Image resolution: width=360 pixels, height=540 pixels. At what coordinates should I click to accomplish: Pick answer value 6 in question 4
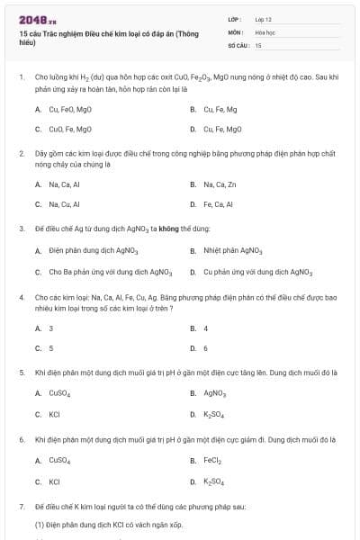[x=205, y=347]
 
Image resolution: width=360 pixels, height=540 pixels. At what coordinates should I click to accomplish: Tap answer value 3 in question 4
[x=51, y=328]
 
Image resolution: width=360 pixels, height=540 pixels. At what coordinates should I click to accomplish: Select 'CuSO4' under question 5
[x=60, y=392]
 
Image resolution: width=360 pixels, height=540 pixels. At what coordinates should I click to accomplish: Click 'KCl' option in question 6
[x=54, y=481]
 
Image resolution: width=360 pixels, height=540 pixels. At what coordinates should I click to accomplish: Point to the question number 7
[x=21, y=506]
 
